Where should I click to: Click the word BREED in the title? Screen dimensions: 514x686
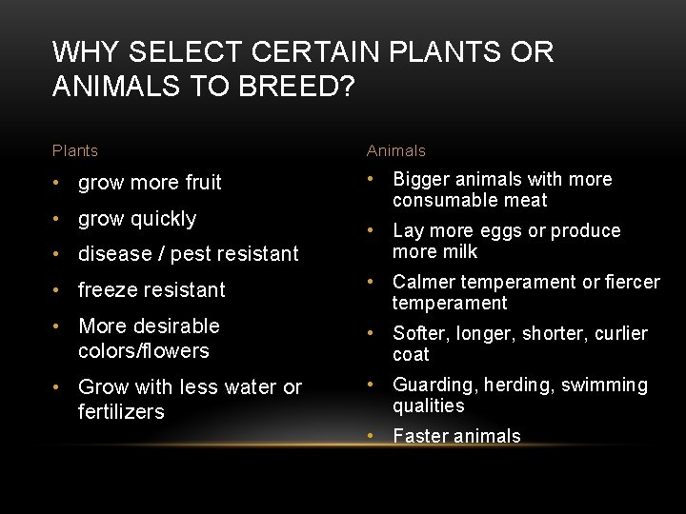coord(295,87)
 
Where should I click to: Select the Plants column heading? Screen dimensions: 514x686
coord(75,150)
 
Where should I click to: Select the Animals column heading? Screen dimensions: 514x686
coord(396,150)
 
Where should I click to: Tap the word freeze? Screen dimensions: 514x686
coord(110,289)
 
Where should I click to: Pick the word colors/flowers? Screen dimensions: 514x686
coord(144,350)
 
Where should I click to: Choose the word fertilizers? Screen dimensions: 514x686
coord(121,411)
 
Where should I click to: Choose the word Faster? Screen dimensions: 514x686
coord(422,436)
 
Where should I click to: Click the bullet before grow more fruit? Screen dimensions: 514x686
coord(58,182)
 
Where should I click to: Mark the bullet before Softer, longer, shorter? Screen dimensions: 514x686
coord(373,333)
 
